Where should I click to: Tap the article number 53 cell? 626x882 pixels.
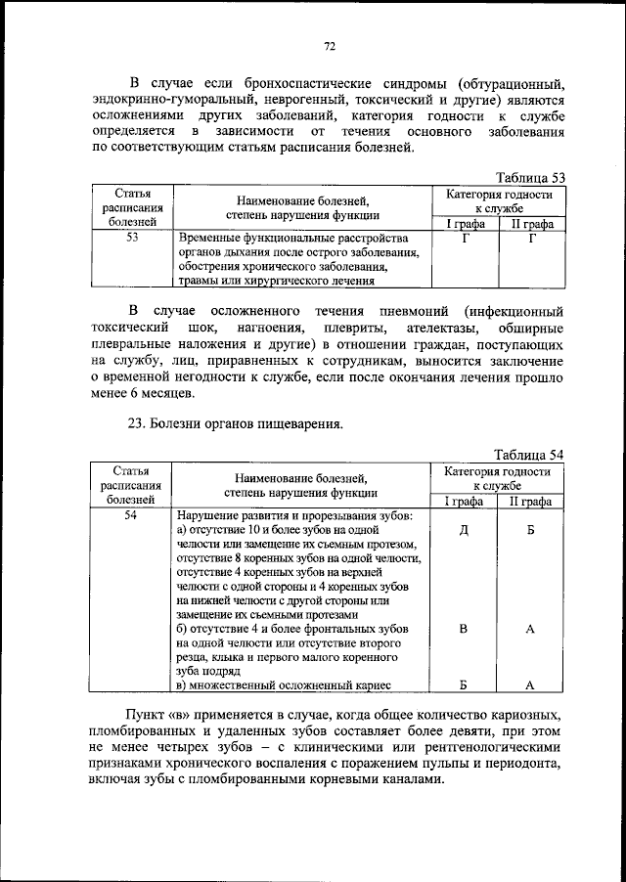pos(131,237)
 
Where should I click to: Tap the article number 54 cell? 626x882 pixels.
pos(131,514)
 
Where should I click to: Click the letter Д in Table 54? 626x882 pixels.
pos(463,530)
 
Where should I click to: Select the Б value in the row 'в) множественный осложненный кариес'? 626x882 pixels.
pos(463,685)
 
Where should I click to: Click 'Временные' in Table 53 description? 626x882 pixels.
pos(208,238)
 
